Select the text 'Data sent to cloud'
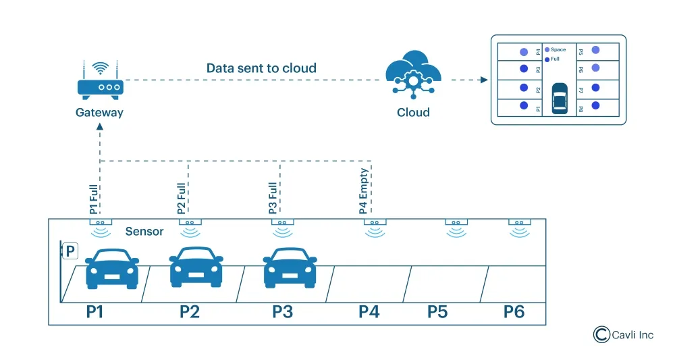click(261, 68)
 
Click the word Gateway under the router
click(99, 112)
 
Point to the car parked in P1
click(112, 269)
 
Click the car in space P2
click(196, 267)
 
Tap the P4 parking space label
click(369, 311)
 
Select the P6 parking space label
click(514, 311)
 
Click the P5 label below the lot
click(437, 311)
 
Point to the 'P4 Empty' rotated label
click(364, 191)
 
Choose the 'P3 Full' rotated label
click(273, 198)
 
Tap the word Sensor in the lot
click(144, 232)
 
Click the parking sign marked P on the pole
click(70, 252)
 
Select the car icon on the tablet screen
click(560, 99)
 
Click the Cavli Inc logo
click(623, 334)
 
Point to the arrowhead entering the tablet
click(483, 80)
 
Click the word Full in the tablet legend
click(556, 59)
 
